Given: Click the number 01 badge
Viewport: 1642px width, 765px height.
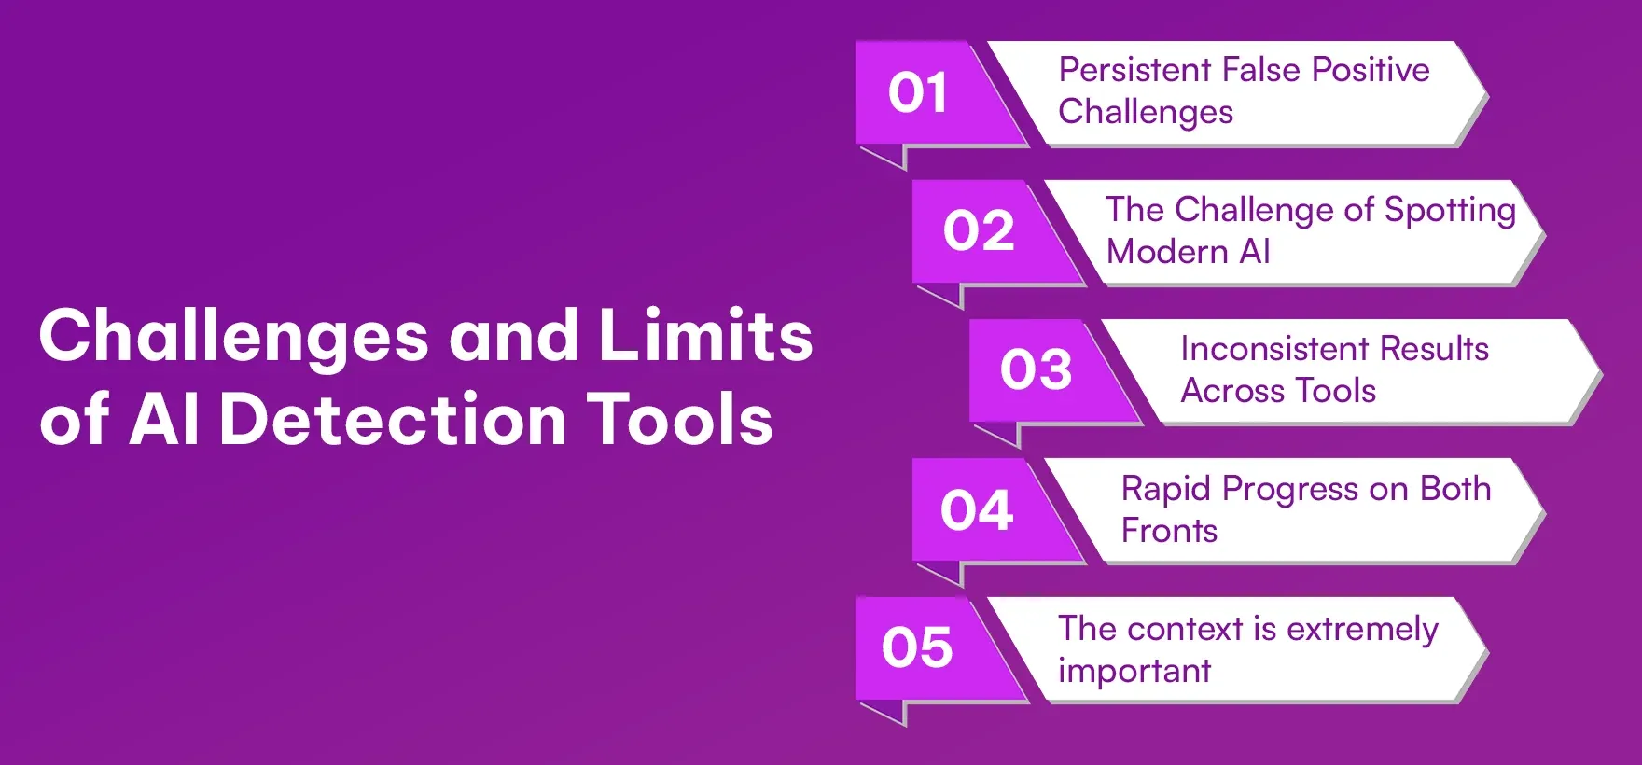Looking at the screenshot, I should click(918, 93).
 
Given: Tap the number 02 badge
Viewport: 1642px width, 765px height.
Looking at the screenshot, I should click(979, 231).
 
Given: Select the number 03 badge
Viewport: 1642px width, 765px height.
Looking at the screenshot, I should click(1036, 370).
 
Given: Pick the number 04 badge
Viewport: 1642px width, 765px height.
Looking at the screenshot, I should click(977, 510).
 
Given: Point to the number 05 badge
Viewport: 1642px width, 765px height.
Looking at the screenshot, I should click(917, 648).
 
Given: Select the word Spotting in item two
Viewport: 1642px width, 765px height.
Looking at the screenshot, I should click(1450, 211).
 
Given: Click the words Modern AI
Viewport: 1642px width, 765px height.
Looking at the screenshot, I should click(1188, 252).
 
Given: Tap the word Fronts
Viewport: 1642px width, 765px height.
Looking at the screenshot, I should click(1169, 531).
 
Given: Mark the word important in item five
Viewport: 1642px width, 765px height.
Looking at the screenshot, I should click(1134, 672).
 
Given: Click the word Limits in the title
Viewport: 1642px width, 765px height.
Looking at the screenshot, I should click(705, 336).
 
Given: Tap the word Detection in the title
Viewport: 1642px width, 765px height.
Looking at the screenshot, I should click(392, 420).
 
